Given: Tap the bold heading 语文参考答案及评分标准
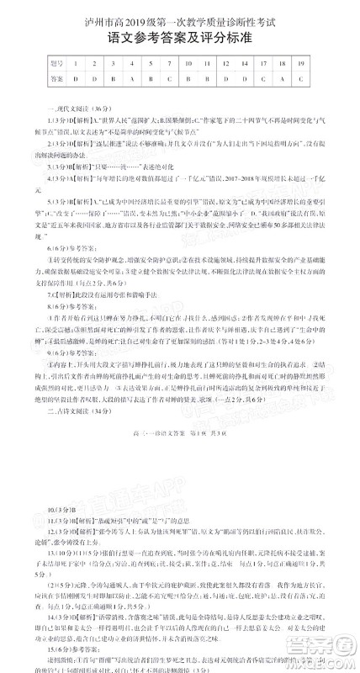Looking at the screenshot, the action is point(179,39).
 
